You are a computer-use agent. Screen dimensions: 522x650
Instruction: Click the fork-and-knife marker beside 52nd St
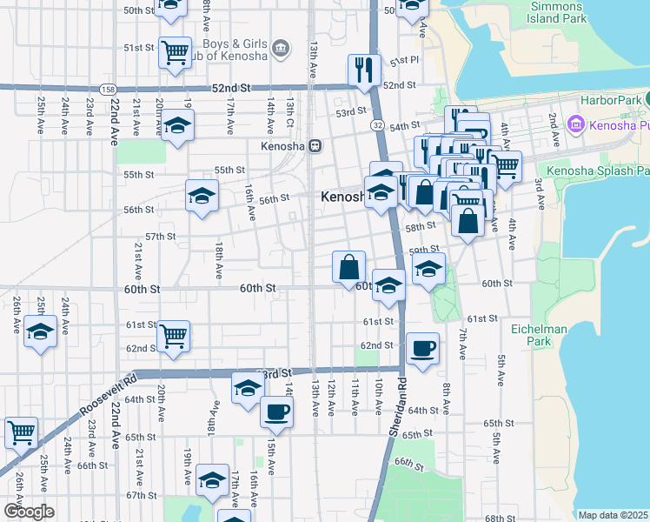click(364, 70)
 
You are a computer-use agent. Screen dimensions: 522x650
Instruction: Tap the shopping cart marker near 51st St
click(176, 51)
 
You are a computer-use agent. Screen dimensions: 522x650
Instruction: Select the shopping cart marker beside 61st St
click(174, 335)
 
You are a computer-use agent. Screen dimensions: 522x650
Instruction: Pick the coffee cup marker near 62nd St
click(422, 348)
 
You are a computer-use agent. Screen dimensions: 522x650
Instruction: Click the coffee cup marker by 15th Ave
click(276, 411)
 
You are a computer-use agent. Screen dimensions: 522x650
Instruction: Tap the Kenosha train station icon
click(315, 145)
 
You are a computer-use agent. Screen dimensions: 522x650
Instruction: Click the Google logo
click(30, 512)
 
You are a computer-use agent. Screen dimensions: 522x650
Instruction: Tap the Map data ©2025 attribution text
click(614, 515)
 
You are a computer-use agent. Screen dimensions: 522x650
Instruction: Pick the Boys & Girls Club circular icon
click(281, 46)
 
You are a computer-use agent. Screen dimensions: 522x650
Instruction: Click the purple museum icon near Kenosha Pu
click(574, 126)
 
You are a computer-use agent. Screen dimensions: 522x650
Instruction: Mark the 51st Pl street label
click(405, 62)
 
